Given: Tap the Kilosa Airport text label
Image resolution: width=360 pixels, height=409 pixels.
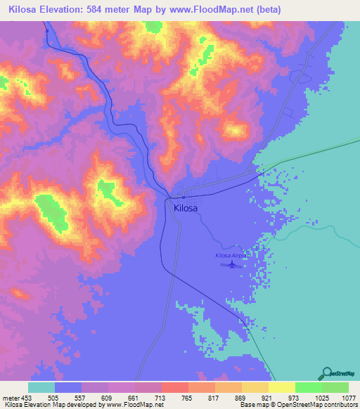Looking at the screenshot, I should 231,257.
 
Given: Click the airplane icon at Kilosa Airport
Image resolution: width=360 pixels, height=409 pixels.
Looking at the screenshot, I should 231,265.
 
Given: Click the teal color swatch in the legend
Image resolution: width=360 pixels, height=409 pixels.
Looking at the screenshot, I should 41,387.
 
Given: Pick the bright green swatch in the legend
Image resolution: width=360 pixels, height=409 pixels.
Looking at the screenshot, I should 308,387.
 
